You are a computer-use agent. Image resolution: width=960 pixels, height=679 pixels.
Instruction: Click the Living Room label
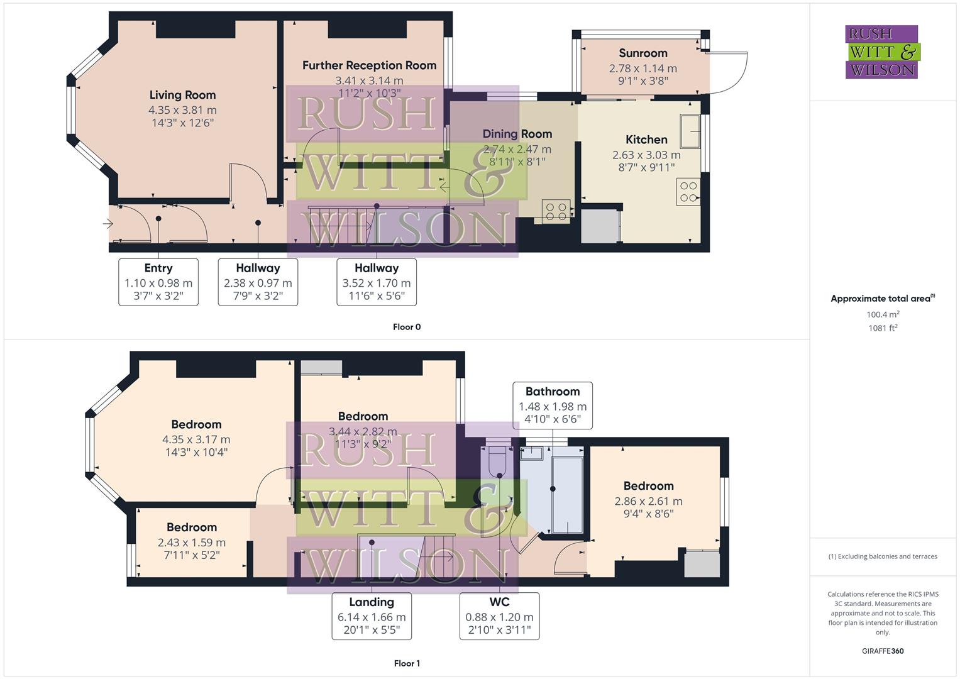point(182,95)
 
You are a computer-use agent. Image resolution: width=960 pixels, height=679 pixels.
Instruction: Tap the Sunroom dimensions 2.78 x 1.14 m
point(643,68)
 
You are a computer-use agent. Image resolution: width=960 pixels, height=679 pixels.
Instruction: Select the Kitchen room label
point(646,140)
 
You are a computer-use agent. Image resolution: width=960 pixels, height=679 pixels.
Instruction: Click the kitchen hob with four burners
point(688,192)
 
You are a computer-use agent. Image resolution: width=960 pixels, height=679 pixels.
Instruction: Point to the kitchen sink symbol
point(690,131)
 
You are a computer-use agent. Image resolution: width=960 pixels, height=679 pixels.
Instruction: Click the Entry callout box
point(158,282)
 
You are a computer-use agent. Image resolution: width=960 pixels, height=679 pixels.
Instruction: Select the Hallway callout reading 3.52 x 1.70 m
point(376,282)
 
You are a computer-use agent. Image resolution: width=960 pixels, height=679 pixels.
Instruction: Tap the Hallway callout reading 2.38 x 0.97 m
point(258,282)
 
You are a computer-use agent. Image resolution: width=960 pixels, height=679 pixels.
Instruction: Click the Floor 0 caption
point(407,327)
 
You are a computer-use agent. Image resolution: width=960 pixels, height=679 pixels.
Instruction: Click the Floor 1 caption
point(407,663)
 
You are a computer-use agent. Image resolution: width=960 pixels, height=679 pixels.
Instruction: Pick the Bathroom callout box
point(553,405)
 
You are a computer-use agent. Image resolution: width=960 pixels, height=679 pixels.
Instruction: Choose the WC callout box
point(499,616)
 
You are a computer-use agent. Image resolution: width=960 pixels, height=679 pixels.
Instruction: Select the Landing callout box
point(372,616)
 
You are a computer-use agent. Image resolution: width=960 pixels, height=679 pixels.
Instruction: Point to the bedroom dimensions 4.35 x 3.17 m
point(196,439)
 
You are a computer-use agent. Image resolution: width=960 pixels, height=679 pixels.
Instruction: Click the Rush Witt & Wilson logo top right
point(881,52)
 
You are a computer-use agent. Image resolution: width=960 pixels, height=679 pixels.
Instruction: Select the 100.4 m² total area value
point(883,314)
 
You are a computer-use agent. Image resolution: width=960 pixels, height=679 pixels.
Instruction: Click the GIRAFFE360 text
point(883,651)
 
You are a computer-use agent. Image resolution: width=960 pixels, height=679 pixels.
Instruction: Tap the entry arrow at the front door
point(108,223)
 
